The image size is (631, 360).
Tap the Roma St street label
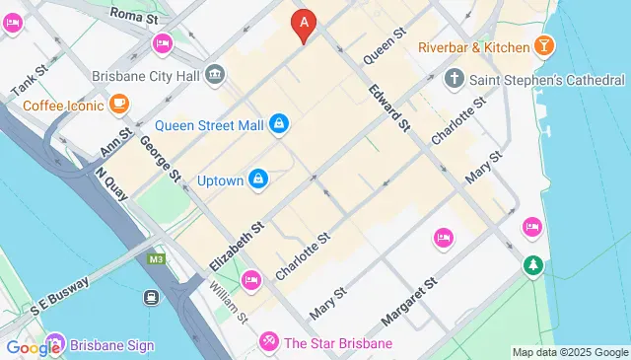[x=133, y=14]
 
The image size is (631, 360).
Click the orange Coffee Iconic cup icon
[x=118, y=102]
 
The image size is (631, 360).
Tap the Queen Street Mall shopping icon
[x=280, y=123]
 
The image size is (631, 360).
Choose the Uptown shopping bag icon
[x=257, y=178]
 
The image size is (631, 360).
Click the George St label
[x=160, y=159]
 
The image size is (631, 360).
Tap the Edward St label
[x=389, y=108]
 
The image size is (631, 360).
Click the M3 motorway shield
[x=156, y=259]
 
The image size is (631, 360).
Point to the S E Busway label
[x=60, y=295]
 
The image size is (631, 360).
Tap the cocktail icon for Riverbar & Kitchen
[x=542, y=46]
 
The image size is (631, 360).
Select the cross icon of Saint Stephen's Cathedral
[x=454, y=78]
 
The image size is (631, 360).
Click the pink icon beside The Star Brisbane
[x=267, y=343]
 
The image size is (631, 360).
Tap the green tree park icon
[x=533, y=264]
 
